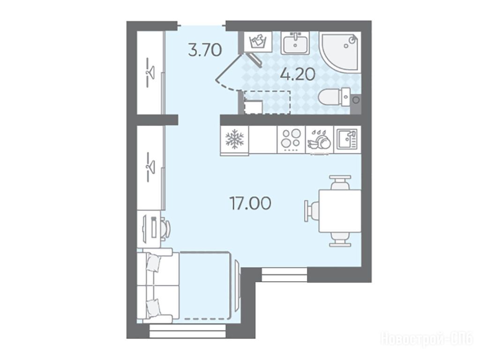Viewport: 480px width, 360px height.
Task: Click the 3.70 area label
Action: [x=205, y=50]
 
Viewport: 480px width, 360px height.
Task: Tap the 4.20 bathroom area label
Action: [x=298, y=74]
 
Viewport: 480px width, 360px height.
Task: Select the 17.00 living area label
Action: [x=250, y=203]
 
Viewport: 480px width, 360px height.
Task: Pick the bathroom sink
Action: [x=295, y=43]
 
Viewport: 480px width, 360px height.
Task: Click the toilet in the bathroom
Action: [x=334, y=97]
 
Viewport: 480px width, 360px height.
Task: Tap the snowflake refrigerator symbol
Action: [x=234, y=139]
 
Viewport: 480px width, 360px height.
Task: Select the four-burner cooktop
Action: [x=291, y=139]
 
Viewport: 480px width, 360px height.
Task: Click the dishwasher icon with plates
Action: [x=319, y=140]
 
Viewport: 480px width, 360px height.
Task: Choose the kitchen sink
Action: [x=347, y=139]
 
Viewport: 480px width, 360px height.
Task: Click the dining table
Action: [x=340, y=211]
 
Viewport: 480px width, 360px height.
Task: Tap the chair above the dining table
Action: [x=340, y=182]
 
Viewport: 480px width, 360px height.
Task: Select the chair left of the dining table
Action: [x=312, y=211]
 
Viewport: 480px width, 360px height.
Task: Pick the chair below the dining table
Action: [x=340, y=240]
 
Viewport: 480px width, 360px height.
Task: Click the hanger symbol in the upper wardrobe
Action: [x=150, y=73]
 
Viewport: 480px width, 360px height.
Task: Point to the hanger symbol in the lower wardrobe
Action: [x=150, y=167]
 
